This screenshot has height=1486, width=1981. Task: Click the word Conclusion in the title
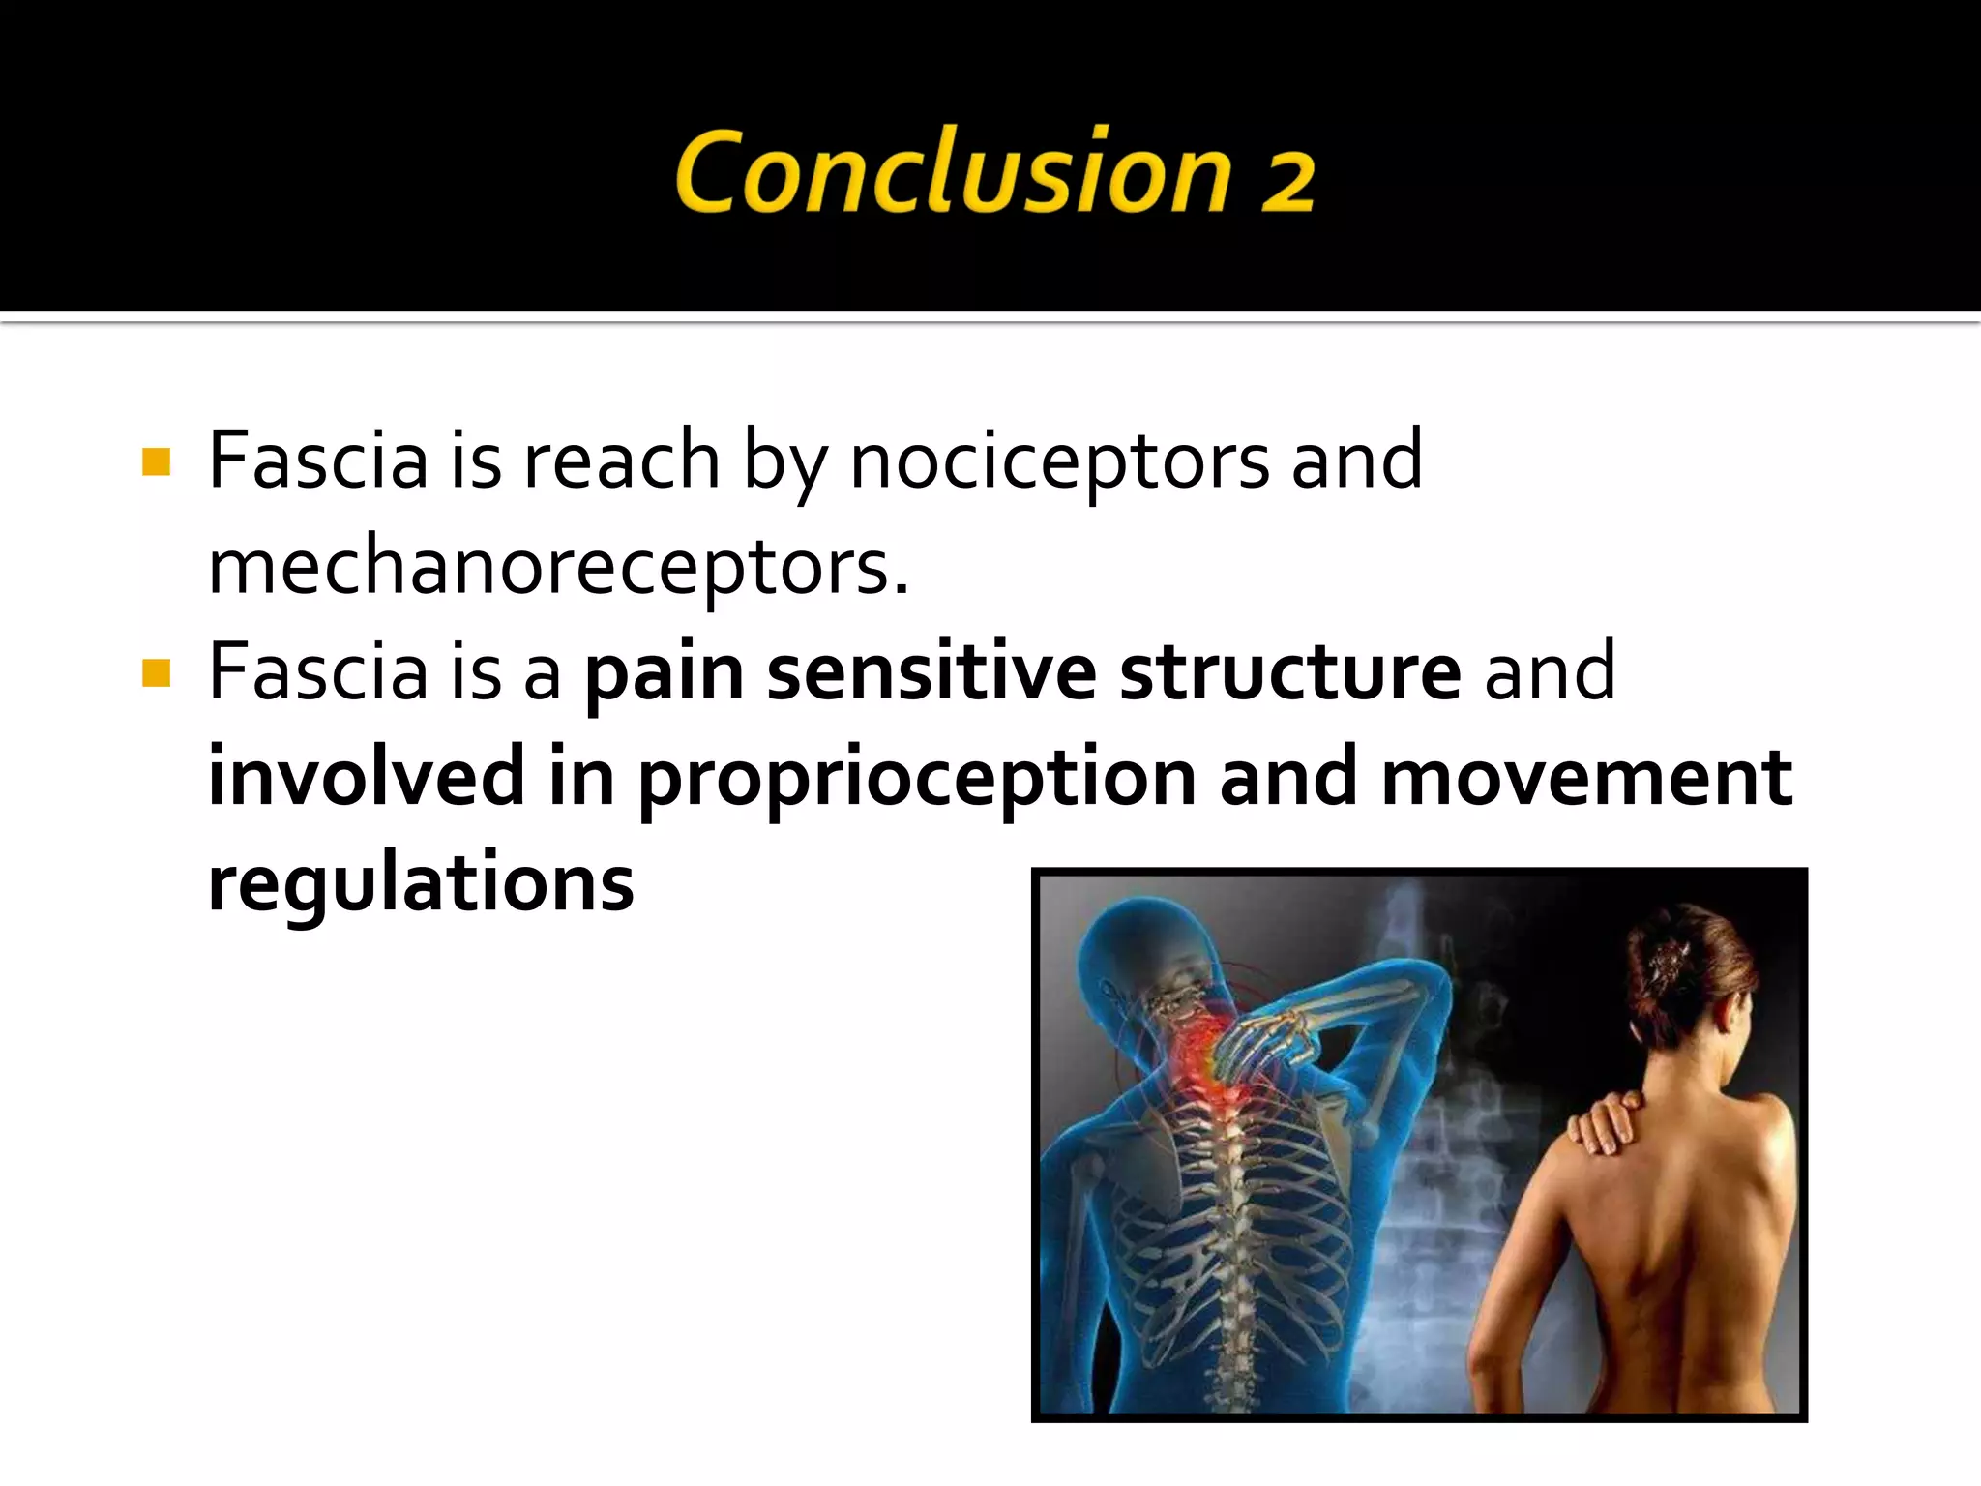coord(953,171)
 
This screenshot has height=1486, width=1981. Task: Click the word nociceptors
coord(1059,461)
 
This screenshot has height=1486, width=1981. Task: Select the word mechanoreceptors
coord(558,567)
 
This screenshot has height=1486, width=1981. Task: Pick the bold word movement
coord(1586,779)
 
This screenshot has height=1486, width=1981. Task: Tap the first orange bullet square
coord(156,462)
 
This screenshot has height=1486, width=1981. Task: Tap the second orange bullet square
coord(156,673)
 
